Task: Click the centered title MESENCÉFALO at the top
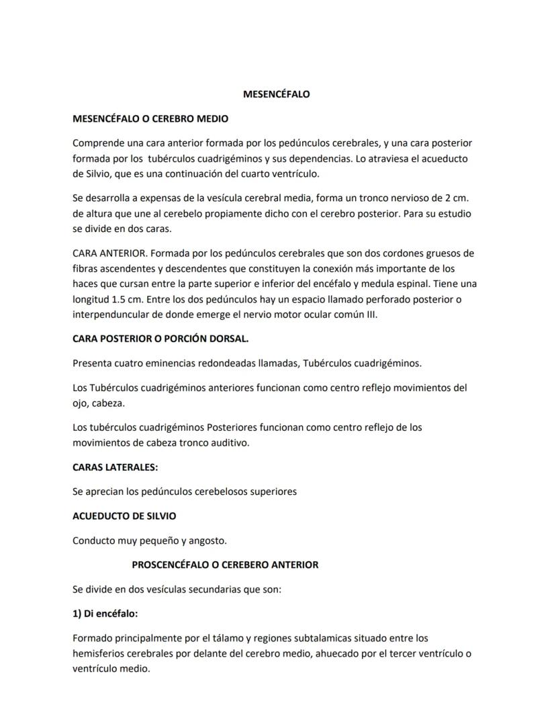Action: click(276, 94)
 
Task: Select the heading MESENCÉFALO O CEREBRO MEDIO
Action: click(150, 119)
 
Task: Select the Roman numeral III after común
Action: click(370, 314)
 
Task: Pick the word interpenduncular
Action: click(111, 314)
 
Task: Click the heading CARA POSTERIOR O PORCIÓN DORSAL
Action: click(160, 339)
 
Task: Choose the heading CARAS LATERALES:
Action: click(115, 467)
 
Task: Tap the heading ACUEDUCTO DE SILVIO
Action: click(124, 516)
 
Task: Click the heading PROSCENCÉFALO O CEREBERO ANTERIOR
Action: click(225, 565)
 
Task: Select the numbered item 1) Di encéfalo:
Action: click(105, 614)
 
